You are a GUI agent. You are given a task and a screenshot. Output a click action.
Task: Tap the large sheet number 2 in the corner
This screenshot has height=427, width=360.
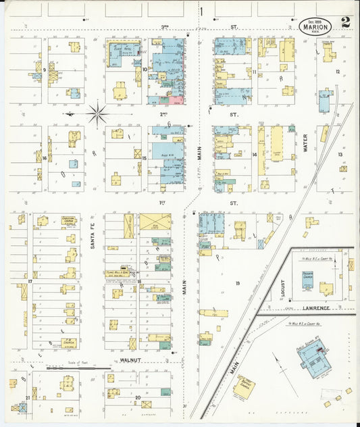[x=346, y=24]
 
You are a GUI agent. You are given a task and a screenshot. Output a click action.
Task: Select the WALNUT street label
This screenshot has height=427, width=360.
[x=132, y=361]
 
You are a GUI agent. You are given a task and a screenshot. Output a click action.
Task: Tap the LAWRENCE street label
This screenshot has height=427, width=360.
[x=315, y=307]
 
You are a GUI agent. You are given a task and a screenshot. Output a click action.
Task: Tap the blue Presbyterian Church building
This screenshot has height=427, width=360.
[x=309, y=280]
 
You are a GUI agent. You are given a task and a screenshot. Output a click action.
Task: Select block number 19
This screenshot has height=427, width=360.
[x=237, y=282]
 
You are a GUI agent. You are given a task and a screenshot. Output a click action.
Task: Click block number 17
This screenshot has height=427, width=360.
[x=30, y=281]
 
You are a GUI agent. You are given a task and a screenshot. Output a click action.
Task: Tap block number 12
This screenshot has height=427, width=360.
[x=337, y=70]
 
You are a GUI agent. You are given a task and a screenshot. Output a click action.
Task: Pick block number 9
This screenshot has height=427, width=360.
[x=45, y=70]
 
